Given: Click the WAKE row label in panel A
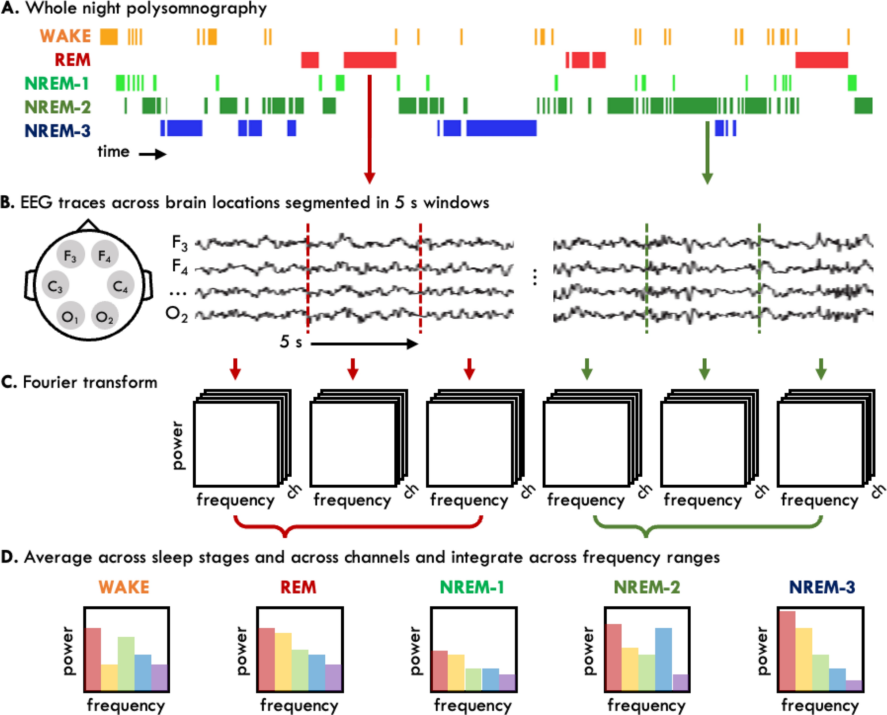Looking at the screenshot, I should pos(65,36).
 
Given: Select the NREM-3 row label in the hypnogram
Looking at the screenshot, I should pos(57,131).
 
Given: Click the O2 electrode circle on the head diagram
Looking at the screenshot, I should pos(105,316).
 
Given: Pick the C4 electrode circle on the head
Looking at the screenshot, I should pos(120,286).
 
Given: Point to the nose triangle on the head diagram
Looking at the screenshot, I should pos(88,225).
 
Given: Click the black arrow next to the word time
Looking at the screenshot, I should pos(152,154).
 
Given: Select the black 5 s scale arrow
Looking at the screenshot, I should pos(364,344).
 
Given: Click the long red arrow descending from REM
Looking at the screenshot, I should pos(369,128).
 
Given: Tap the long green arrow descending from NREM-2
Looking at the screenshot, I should pos(707,152).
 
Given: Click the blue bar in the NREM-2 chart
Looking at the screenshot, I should pos(663,659).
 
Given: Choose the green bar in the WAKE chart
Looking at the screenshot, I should pos(126,663).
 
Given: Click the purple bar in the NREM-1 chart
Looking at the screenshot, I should pos(507,682).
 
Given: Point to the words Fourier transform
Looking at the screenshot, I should pos(90,382).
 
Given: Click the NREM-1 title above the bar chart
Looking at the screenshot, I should pos(472,587).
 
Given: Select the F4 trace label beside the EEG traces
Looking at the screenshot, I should pos(180,266).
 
